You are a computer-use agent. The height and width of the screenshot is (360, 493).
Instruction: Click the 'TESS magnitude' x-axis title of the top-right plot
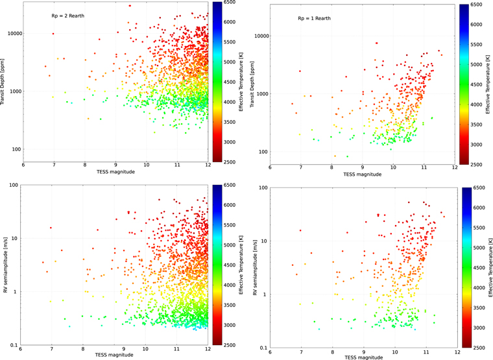coord(363,174)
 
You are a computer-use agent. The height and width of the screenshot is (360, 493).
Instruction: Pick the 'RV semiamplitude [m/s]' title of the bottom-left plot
coord(5,265)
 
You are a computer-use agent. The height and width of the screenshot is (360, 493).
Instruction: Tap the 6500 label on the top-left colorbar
coord(229,3)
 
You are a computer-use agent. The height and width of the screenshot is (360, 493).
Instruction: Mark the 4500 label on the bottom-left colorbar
coord(229,265)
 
